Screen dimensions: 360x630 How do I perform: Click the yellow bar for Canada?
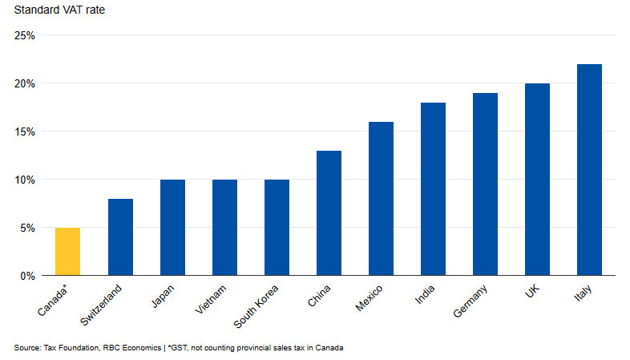68,252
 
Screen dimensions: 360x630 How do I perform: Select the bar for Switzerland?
120,237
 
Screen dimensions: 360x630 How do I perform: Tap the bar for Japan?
172,228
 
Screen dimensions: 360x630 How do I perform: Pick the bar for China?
329,213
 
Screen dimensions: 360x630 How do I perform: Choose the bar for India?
433,189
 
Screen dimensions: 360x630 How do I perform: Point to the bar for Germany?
485,184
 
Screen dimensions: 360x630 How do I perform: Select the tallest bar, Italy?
589,170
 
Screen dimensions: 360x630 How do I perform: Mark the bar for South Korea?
277,228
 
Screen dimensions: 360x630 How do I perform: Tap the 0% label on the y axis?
27,276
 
